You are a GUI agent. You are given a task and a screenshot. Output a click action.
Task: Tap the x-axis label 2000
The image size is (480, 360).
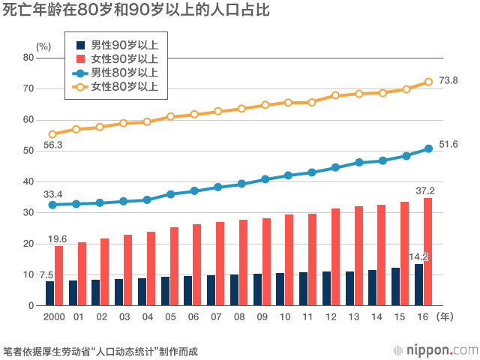click(x=54, y=318)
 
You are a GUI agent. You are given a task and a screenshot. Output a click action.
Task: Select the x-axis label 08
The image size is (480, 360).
click(x=238, y=318)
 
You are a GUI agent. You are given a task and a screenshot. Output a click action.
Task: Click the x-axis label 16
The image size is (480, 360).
click(x=422, y=318)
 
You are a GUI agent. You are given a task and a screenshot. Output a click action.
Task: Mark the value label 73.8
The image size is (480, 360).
click(x=448, y=80)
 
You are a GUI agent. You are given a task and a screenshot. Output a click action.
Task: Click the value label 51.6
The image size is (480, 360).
click(x=448, y=144)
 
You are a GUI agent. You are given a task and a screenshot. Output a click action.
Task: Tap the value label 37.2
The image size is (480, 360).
click(x=424, y=190)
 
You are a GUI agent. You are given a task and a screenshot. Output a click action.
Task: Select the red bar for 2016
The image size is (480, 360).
click(x=427, y=251)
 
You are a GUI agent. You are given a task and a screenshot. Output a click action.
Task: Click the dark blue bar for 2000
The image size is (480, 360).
click(x=49, y=293)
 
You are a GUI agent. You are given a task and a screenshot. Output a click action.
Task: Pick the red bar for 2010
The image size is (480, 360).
click(x=289, y=259)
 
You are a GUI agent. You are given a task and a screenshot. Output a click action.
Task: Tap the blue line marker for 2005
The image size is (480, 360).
click(x=171, y=194)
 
